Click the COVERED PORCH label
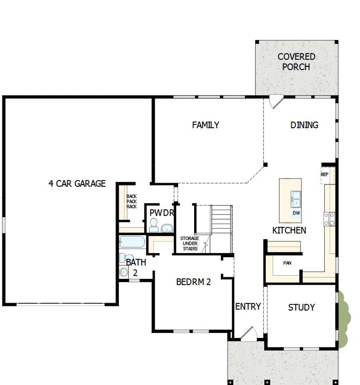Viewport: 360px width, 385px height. pos(296,62)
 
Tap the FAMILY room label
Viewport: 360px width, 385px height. pos(206,125)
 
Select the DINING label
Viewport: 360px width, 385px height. pos(304,125)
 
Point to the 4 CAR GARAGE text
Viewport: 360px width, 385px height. pos(77,183)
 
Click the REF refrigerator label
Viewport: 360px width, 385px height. pos(324,174)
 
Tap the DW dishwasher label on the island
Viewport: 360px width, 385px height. pos(296,213)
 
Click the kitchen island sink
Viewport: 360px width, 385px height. pos(296,199)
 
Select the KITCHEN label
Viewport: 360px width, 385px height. pos(289,230)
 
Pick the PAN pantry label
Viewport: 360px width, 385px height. pos(288,263)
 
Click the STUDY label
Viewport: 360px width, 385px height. pos(301,307)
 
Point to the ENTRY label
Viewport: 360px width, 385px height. pos(248,306)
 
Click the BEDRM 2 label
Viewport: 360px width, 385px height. pos(193,282)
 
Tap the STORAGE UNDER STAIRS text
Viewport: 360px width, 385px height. pos(190,243)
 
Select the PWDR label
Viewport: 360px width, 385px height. pos(162,213)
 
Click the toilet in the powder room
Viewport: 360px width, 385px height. pos(154,224)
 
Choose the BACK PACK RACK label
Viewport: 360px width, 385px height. pos(131,201)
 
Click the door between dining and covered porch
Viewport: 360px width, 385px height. pos(276,102)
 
